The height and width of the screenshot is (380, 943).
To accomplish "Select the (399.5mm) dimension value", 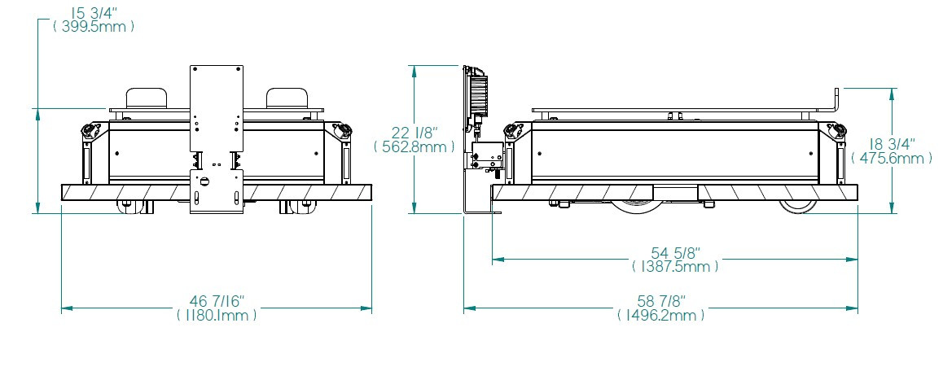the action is (93, 27).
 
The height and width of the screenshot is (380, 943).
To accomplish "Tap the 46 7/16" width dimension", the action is (217, 300).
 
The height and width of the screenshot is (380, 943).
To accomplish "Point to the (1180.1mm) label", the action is (217, 314).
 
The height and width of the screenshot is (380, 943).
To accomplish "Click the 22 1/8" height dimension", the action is (415, 133).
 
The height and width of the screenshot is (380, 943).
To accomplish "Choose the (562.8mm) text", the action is (414, 146).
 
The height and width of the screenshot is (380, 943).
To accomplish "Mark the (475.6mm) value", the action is (892, 158).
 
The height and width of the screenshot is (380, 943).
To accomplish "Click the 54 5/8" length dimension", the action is (676, 251).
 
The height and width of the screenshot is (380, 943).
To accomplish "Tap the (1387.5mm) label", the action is (675, 266).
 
